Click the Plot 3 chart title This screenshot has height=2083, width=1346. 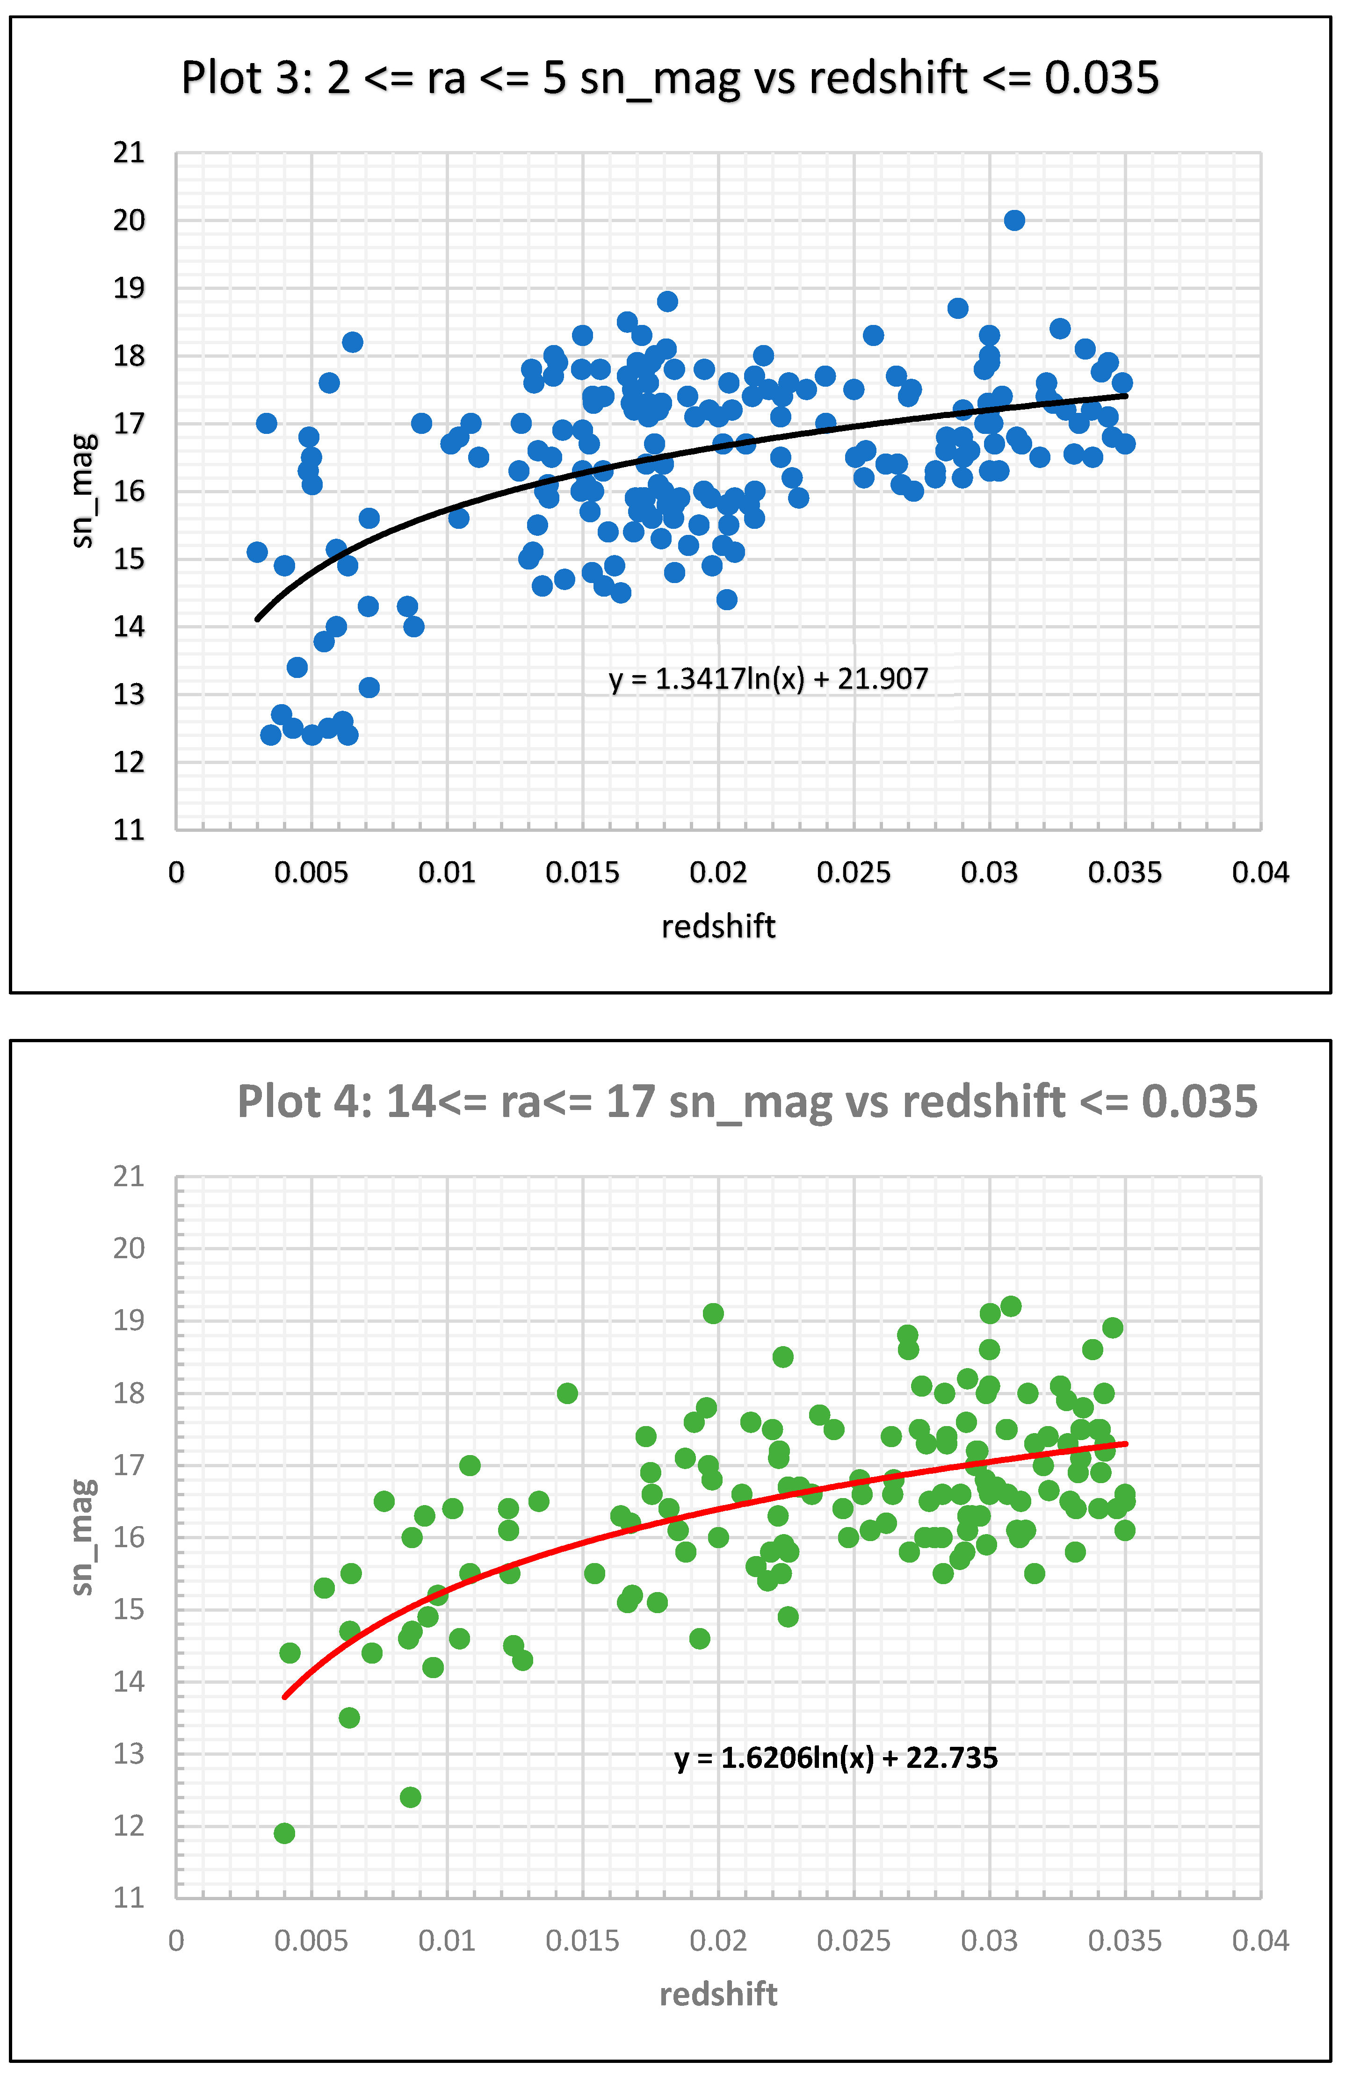tap(670, 78)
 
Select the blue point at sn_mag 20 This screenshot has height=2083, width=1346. tap(1014, 220)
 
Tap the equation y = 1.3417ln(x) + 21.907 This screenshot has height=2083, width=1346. tap(768, 679)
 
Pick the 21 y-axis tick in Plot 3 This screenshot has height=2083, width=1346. tap(130, 153)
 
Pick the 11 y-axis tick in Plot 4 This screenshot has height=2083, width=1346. tap(130, 1898)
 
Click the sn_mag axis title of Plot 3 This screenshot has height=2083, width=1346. tap(83, 491)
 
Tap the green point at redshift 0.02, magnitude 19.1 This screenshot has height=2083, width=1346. tap(713, 1313)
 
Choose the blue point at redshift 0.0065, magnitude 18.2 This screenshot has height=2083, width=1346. tap(352, 342)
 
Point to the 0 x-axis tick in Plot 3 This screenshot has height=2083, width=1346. tap(177, 872)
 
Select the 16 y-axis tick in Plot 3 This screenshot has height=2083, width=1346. tap(130, 491)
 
